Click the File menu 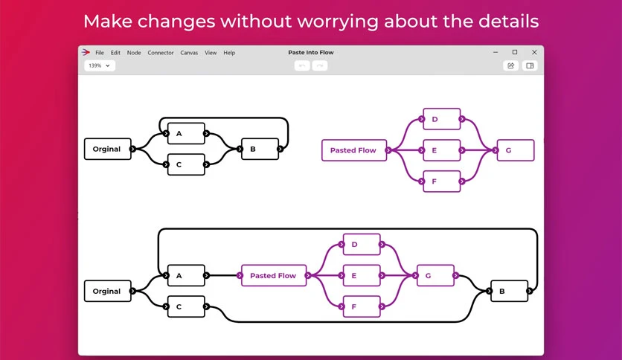[x=100, y=53]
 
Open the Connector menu [x=161, y=53]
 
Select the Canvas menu [x=189, y=53]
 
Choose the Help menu [x=229, y=53]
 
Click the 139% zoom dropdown [x=100, y=65]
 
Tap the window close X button [x=534, y=52]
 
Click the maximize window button [x=515, y=52]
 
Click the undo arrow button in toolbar [x=302, y=65]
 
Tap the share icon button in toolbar [x=510, y=65]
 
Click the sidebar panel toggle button [x=530, y=65]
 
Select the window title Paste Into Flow [x=311, y=52]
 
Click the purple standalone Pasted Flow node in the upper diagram [x=354, y=150]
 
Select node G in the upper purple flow [x=516, y=150]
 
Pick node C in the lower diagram [x=186, y=306]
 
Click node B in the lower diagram [x=510, y=291]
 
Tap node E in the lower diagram [x=362, y=275]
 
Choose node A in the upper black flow [x=186, y=134]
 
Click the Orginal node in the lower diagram [x=107, y=291]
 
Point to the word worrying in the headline [x=338, y=22]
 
